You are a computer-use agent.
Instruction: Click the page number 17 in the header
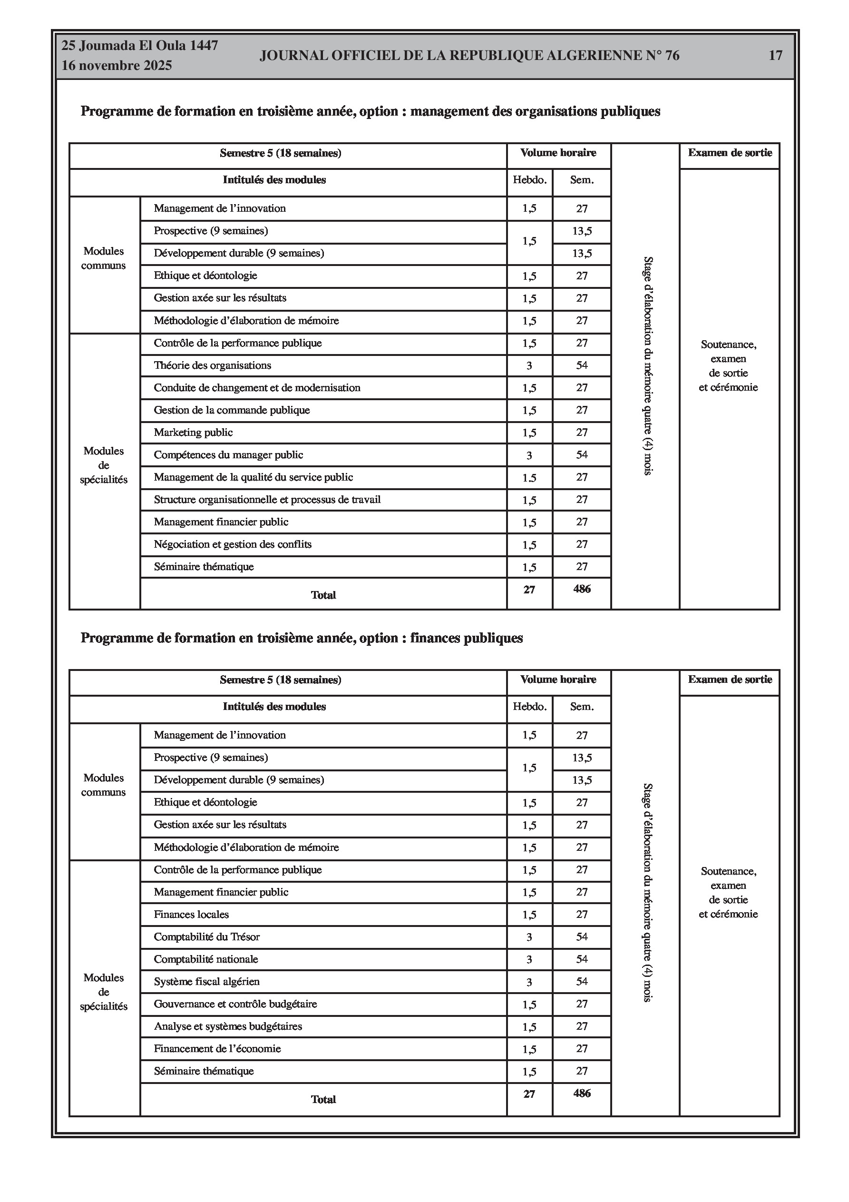click(x=775, y=56)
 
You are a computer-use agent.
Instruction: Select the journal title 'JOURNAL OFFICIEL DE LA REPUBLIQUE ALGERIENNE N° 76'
click(x=469, y=56)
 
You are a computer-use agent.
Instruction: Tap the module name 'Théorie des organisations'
click(x=212, y=365)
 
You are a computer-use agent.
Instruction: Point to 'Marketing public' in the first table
click(x=193, y=433)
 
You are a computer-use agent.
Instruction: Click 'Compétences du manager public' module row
click(x=228, y=455)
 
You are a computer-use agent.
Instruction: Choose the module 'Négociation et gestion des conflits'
click(x=233, y=544)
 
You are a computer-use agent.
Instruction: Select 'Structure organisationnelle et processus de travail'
click(x=267, y=500)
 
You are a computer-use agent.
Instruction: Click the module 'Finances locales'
click(x=191, y=915)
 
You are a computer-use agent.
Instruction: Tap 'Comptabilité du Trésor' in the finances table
click(x=206, y=937)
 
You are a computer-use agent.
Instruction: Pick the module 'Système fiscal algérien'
click(x=206, y=982)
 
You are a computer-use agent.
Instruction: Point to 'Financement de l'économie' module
click(x=217, y=1049)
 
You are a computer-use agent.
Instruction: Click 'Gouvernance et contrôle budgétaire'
click(x=235, y=1004)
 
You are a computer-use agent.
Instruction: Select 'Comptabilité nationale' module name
click(x=205, y=960)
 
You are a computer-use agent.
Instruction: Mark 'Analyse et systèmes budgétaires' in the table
click(x=228, y=1026)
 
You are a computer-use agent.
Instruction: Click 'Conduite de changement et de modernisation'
click(x=256, y=388)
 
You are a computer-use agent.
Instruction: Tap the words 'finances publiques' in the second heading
click(x=467, y=638)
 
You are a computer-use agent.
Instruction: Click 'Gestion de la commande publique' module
click(x=231, y=411)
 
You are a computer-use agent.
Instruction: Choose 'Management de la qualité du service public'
click(x=253, y=477)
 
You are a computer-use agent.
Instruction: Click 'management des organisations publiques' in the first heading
click(x=535, y=111)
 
